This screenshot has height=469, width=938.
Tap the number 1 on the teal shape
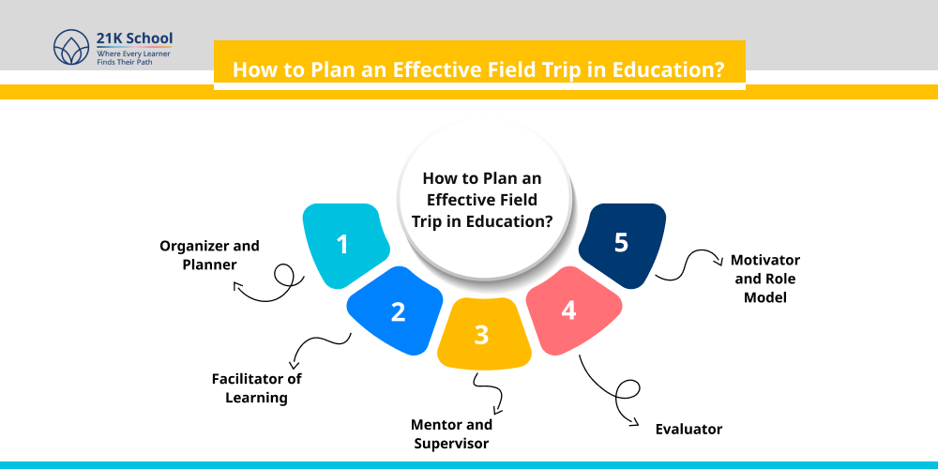coord(342,245)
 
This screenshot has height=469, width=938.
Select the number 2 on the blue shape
coord(398,311)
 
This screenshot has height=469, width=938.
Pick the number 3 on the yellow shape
coord(481,335)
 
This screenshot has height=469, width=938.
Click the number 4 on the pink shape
coord(568,310)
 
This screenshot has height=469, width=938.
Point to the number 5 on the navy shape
coord(621,243)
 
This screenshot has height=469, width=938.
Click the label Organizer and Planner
coord(209,255)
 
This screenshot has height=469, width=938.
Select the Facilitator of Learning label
coord(256,387)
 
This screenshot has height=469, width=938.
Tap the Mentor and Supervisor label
coord(453,433)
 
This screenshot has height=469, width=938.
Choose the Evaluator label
coord(688,429)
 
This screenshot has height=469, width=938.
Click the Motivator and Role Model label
coord(764,278)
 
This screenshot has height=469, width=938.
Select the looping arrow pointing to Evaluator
coord(610,389)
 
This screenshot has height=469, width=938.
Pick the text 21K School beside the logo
coord(134,39)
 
